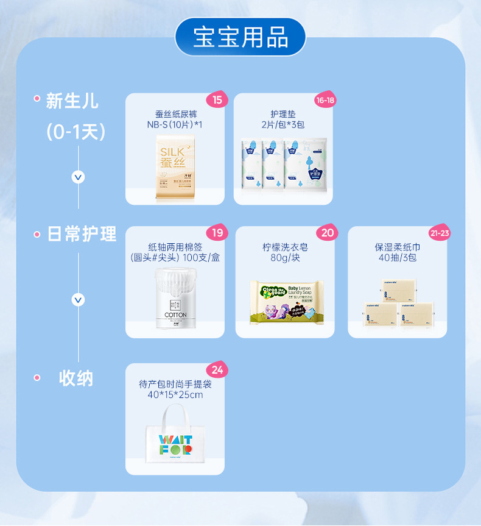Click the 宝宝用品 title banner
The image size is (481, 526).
[240, 37]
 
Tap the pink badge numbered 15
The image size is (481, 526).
[217, 100]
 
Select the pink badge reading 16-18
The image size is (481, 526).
[325, 100]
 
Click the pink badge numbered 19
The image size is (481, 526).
[217, 233]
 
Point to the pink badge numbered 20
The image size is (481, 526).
[327, 233]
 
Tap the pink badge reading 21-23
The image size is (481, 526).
[439, 233]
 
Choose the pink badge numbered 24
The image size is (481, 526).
[217, 370]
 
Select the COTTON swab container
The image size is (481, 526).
[175, 298]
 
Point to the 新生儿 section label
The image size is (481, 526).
[72, 101]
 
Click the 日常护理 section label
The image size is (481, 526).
[82, 234]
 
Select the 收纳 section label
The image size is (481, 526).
[76, 378]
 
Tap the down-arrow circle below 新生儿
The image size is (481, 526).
[78, 177]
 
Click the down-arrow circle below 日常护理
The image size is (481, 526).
[78, 300]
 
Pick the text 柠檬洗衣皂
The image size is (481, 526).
[285, 247]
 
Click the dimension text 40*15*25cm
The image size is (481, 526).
[175, 395]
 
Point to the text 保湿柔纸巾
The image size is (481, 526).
[397, 247]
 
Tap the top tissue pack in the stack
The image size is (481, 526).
[398, 289]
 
